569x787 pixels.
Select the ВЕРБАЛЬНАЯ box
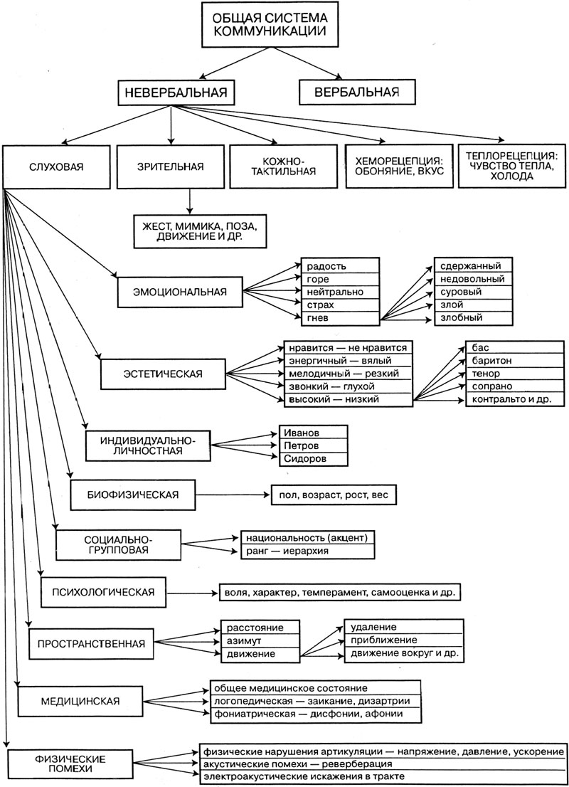tap(348, 91)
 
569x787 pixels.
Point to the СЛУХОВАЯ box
tap(57, 167)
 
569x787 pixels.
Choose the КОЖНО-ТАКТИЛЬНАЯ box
tap(283, 167)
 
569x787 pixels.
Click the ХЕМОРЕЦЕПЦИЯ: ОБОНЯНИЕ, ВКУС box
tap(399, 167)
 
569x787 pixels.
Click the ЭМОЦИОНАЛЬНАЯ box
tap(180, 290)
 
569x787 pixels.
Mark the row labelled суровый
tap(472, 292)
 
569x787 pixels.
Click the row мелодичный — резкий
tap(347, 374)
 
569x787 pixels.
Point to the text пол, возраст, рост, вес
tap(332, 493)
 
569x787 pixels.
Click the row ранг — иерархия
tap(307, 551)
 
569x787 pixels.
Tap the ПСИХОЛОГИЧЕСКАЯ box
tap(104, 591)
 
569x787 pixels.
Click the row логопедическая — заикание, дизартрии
tap(315, 702)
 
